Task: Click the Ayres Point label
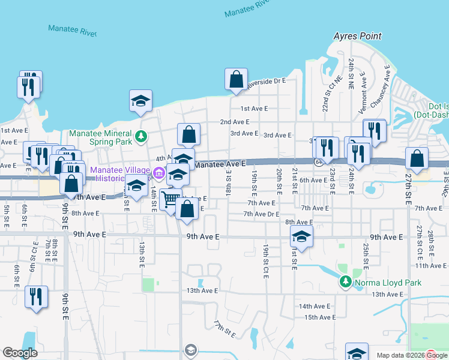click(x=358, y=36)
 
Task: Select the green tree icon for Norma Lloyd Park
click(x=345, y=281)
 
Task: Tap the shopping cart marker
click(x=171, y=199)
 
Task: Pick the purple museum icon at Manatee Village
click(x=158, y=174)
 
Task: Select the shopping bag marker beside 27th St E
click(x=417, y=158)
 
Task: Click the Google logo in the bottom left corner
click(x=20, y=352)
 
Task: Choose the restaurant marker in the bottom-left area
click(x=36, y=297)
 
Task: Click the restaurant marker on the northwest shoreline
click(x=29, y=85)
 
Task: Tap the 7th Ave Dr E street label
click(x=261, y=214)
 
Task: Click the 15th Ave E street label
click(x=319, y=317)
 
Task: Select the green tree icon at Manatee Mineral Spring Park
click(x=141, y=135)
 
